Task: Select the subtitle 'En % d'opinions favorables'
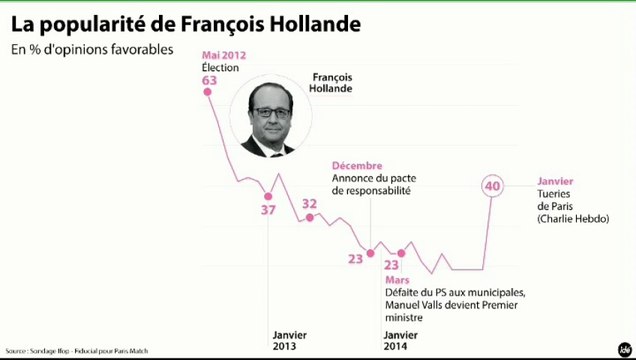point(92,49)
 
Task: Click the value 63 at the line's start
point(209,80)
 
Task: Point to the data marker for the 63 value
point(209,93)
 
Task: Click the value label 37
point(268,211)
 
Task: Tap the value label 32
point(309,204)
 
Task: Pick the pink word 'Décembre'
point(358,165)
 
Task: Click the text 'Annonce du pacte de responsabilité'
point(372,184)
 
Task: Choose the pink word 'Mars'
point(397,280)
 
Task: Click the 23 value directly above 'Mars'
point(392,265)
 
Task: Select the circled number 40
point(492,186)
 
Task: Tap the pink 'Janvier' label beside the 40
point(556,181)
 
